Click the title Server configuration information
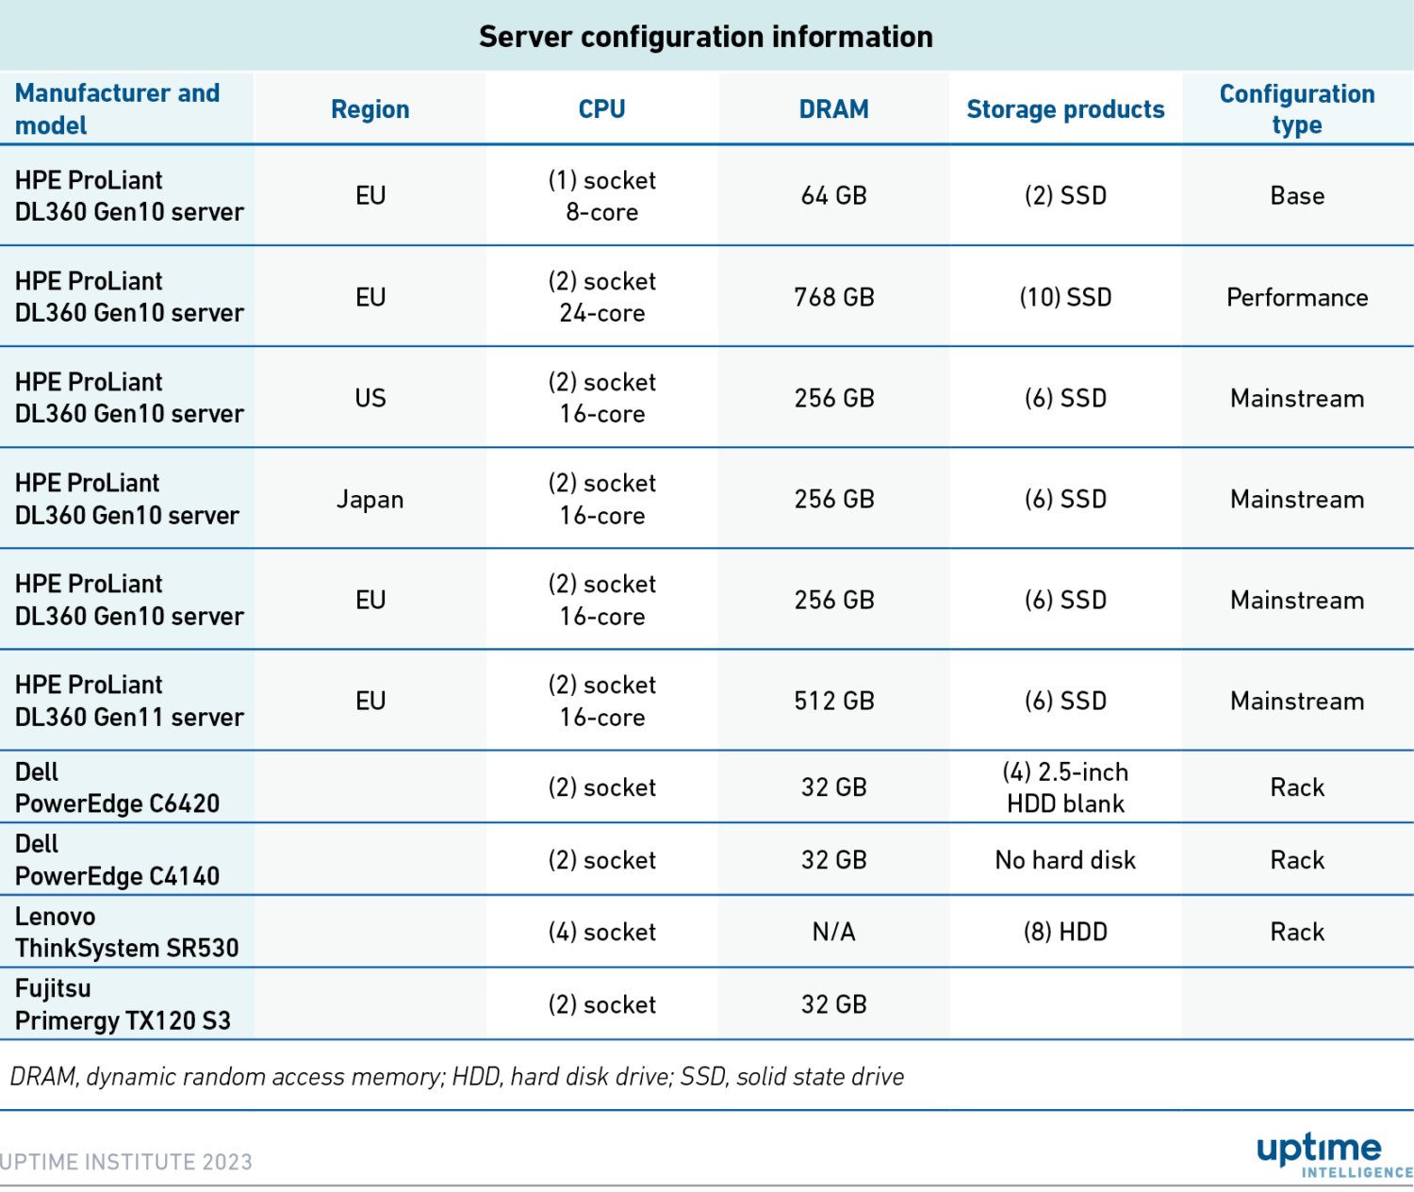pos(705,37)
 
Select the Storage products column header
pos(1065,109)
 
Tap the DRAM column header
pos(833,109)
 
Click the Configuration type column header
pos(1296,109)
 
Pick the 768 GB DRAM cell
pos(833,297)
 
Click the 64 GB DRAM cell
pos(833,196)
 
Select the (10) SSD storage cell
pos(1065,297)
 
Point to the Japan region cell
pos(370,499)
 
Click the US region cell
pos(370,398)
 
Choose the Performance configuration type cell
pos(1296,297)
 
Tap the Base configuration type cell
pos(1296,196)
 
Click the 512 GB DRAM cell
pos(833,701)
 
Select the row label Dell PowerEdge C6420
pos(117,787)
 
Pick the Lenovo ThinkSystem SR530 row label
pos(126,932)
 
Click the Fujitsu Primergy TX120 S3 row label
pos(123,1004)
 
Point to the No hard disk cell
pos(1065,860)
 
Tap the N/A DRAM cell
pos(833,932)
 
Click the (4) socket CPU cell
pos(601,932)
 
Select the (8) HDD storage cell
pos(1065,932)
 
